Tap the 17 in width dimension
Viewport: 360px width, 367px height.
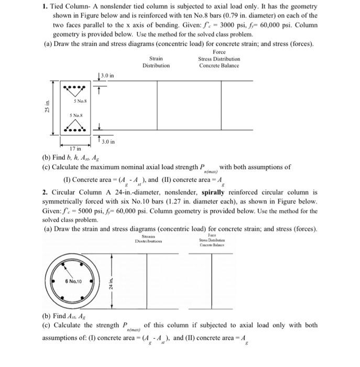click(x=77, y=149)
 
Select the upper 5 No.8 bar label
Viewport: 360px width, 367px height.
click(x=79, y=101)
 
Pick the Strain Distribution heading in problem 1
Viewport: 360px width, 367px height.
click(x=156, y=62)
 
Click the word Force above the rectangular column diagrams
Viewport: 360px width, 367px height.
click(x=219, y=52)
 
